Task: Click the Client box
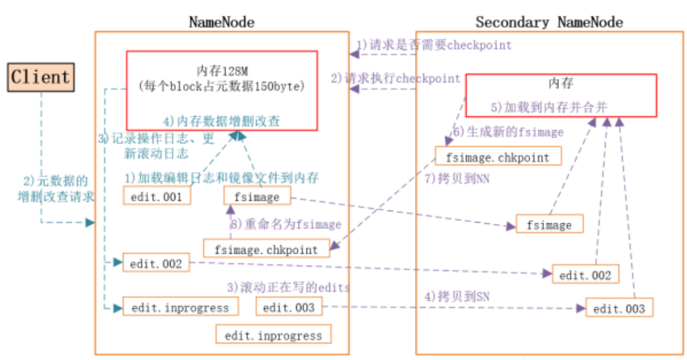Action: click(40, 77)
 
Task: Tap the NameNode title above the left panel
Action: click(221, 22)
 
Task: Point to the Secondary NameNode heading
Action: click(549, 22)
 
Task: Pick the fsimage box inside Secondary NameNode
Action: click(549, 225)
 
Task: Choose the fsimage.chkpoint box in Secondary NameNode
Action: click(498, 156)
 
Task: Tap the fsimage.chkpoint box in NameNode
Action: click(266, 248)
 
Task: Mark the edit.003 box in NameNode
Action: click(288, 307)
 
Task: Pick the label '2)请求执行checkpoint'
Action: click(396, 78)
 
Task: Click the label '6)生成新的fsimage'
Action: click(508, 132)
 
